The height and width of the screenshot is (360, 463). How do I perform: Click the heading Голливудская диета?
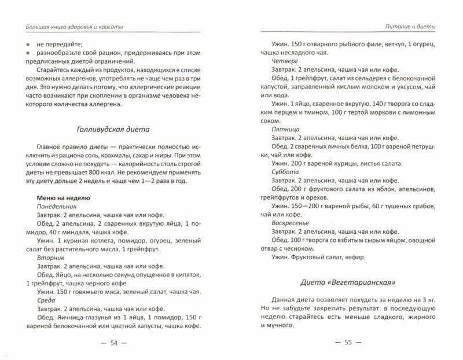pos(113,129)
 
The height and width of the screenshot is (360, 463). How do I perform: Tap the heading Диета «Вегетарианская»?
pos(347,283)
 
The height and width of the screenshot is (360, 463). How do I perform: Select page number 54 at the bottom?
pos(113,343)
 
